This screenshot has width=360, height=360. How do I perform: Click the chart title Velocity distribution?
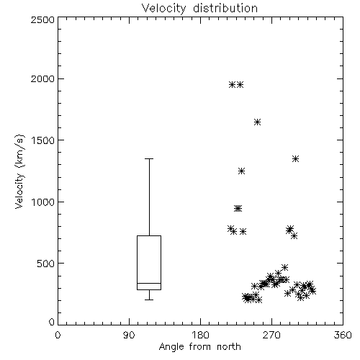pyautogui.click(x=199, y=8)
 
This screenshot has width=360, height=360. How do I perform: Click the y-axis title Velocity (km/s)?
pyautogui.click(x=19, y=171)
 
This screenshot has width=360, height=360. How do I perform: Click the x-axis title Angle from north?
pyautogui.click(x=199, y=346)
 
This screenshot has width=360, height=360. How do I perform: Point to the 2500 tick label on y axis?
pyautogui.click(x=42, y=19)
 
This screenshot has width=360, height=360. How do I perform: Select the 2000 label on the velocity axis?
pyautogui.click(x=42, y=78)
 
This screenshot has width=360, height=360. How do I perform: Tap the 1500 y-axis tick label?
pyautogui.click(x=43, y=140)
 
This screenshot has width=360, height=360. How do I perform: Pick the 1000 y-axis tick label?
pyautogui.click(x=43, y=202)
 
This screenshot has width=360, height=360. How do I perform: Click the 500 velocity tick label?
pyautogui.click(x=46, y=264)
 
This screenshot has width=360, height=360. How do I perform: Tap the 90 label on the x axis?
pyautogui.click(x=130, y=335)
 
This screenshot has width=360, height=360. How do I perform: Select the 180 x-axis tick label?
pyautogui.click(x=200, y=335)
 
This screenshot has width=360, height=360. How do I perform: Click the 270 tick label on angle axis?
pyautogui.click(x=271, y=335)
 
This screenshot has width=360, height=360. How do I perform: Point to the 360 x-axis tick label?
pyautogui.click(x=343, y=335)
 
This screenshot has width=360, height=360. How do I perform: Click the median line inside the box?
pyautogui.click(x=149, y=283)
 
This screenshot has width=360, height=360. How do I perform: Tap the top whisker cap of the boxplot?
pyautogui.click(x=149, y=158)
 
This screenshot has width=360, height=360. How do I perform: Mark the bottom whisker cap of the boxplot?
pyautogui.click(x=149, y=300)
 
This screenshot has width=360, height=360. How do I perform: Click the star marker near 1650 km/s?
pyautogui.click(x=257, y=122)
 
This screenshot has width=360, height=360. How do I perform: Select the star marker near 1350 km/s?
pyautogui.click(x=295, y=158)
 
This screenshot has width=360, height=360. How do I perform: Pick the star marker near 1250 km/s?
pyautogui.click(x=241, y=171)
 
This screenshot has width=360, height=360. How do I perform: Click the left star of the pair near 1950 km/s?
pyautogui.click(x=232, y=84)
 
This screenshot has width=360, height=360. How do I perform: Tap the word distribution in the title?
pyautogui.click(x=225, y=8)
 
